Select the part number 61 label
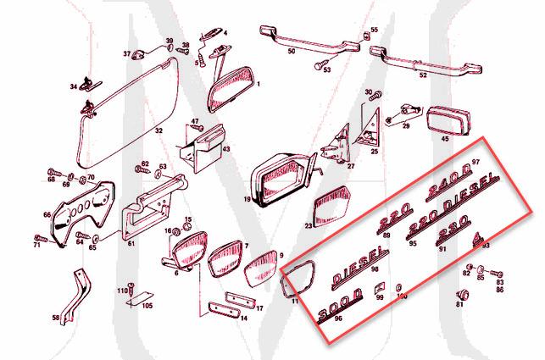(x=131, y=243)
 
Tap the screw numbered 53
(x=320, y=64)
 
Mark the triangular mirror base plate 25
(x=370, y=127)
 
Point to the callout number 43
(x=225, y=149)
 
